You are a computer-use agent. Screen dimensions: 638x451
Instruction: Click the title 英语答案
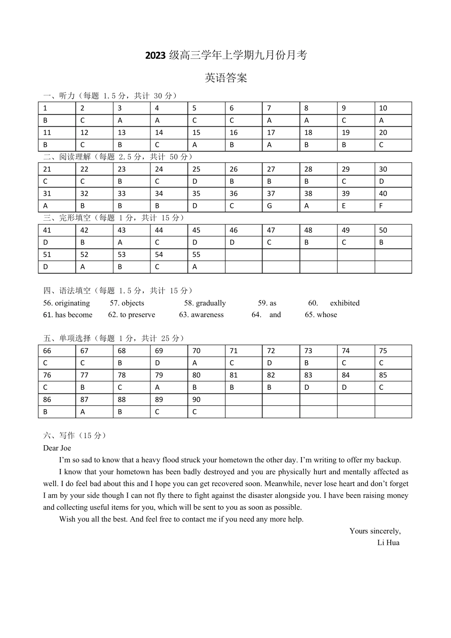click(x=226, y=78)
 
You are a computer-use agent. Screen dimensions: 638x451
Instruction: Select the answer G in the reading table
click(x=269, y=206)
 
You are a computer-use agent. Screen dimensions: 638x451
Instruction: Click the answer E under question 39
click(x=344, y=206)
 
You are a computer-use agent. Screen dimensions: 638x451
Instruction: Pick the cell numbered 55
click(x=197, y=254)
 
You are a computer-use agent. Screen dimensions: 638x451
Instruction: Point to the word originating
click(x=72, y=303)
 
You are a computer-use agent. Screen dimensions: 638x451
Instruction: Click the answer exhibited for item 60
click(x=345, y=303)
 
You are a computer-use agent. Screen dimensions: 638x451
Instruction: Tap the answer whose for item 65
click(x=327, y=315)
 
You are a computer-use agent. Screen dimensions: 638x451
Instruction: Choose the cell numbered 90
click(x=197, y=400)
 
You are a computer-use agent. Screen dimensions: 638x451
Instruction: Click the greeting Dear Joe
click(x=57, y=448)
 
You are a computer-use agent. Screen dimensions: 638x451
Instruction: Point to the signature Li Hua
click(x=388, y=543)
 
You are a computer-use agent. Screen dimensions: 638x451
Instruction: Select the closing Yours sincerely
click(x=375, y=531)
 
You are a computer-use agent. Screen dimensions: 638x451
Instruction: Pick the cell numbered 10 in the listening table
click(x=383, y=108)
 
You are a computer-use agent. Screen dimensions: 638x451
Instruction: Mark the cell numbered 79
click(x=159, y=375)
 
